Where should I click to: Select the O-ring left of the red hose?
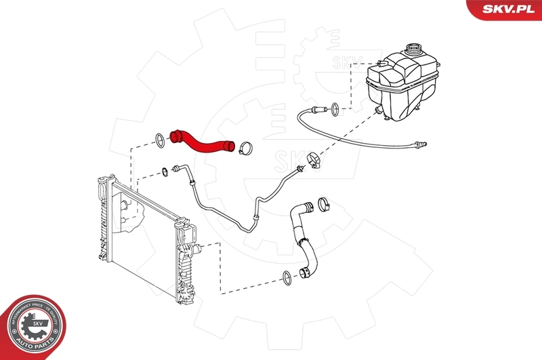158,141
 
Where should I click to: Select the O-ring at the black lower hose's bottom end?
287,276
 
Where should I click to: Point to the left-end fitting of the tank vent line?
316,111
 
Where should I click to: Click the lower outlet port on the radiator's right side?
196,249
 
